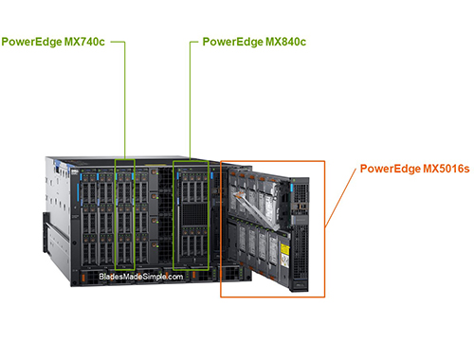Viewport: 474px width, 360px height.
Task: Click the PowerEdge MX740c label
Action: (53, 43)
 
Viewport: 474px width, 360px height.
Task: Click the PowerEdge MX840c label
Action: (253, 43)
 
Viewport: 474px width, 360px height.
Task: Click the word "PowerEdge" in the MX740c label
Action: (33, 43)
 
